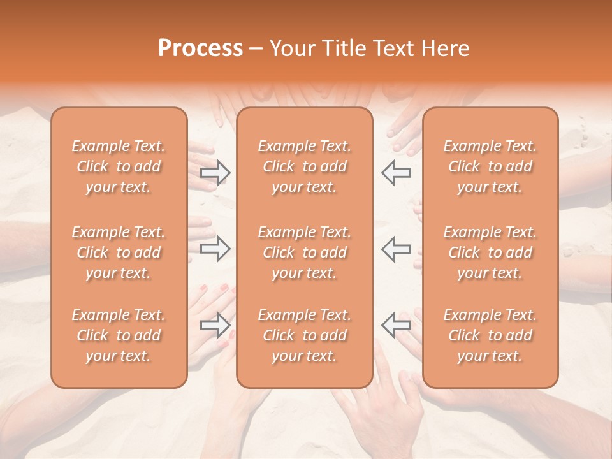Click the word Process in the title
(200, 48)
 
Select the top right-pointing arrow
(215, 172)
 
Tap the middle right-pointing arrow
(215, 248)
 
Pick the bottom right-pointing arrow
(215, 325)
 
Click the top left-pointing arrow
(396, 172)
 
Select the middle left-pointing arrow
(396, 248)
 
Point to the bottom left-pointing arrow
(396, 325)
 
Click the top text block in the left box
(119, 166)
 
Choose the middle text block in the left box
(119, 252)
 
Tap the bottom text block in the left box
(119, 335)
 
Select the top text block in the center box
(305, 166)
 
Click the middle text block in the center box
(305, 252)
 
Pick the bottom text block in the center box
(305, 335)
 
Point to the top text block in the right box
(490, 166)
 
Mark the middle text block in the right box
(490, 252)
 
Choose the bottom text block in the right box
(490, 335)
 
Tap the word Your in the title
(291, 48)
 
